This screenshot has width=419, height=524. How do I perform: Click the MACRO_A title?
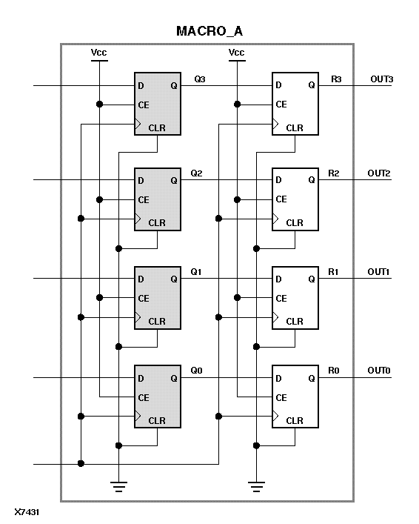click(x=209, y=31)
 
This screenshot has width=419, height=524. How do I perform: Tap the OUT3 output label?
click(x=380, y=79)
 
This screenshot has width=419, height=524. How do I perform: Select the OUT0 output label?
click(x=380, y=371)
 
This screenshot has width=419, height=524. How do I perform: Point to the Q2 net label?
click(x=196, y=173)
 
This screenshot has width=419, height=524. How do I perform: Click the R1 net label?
click(x=334, y=272)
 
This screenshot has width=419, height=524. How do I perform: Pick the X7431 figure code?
click(x=27, y=512)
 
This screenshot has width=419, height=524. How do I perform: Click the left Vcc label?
click(x=98, y=53)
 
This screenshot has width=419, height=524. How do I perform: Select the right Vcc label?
click(x=236, y=53)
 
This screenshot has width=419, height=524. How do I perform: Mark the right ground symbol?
click(x=256, y=486)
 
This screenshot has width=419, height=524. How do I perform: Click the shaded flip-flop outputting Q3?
click(x=158, y=104)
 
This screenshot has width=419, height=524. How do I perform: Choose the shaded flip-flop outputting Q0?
click(x=158, y=397)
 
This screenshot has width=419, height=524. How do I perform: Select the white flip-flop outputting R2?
click(x=295, y=199)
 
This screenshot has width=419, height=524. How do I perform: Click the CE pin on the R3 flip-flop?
click(x=281, y=105)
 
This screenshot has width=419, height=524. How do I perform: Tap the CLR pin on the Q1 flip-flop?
click(x=157, y=322)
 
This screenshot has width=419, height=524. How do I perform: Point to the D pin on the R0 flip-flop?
click(x=278, y=379)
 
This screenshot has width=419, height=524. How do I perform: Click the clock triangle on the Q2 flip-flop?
click(x=138, y=219)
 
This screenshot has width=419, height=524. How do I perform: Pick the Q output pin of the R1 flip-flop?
click(x=312, y=279)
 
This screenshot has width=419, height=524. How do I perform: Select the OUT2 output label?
click(x=380, y=173)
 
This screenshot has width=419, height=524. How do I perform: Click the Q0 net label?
click(x=196, y=371)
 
